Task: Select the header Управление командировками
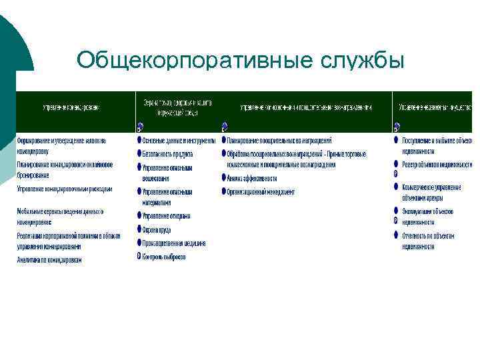click(71, 107)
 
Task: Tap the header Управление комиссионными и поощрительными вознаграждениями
click(306, 107)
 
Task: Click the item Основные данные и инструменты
click(179, 141)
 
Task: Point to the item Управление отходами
click(166, 216)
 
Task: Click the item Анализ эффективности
click(251, 178)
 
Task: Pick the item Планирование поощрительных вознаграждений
click(279, 141)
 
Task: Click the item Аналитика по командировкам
click(49, 260)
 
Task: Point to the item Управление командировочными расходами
click(65, 189)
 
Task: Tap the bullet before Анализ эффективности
click(223, 178)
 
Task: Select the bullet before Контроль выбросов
click(139, 257)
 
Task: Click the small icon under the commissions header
click(224, 126)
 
